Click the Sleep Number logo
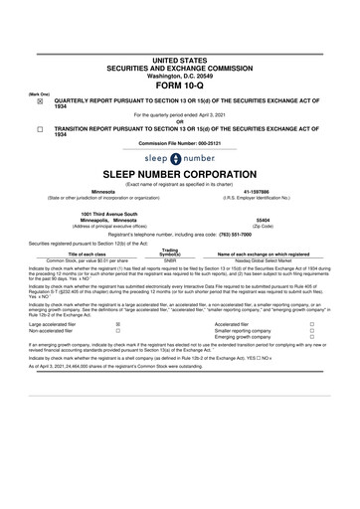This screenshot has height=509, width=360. [179, 158]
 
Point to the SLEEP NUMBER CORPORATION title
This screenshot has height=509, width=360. [179, 175]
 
